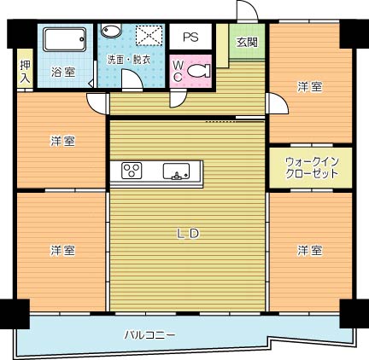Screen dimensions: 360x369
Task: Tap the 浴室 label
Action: pyautogui.click(x=61, y=71)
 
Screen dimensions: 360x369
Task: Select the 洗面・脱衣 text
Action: pyautogui.click(x=128, y=61)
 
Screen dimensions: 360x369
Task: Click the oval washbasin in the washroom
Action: pyautogui.click(x=112, y=31)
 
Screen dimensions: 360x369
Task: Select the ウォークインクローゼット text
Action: pyautogui.click(x=311, y=166)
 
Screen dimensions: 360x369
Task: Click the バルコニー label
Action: pyautogui.click(x=149, y=334)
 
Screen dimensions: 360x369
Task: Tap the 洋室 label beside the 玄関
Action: pyautogui.click(x=310, y=86)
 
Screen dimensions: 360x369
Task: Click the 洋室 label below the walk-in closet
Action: pyautogui.click(x=310, y=250)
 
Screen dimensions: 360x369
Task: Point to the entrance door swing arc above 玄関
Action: pyautogui.click(x=247, y=10)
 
